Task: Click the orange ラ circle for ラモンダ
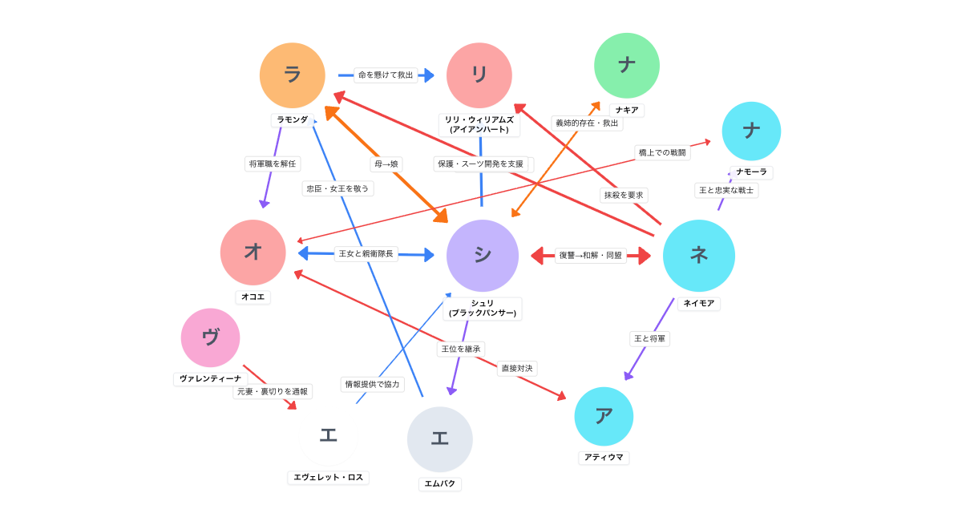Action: pos(293,75)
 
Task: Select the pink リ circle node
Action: pos(479,75)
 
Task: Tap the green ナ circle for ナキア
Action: pos(627,66)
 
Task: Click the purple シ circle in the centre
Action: pos(483,256)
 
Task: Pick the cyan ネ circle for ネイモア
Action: pos(699,256)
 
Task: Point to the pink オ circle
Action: pos(253,252)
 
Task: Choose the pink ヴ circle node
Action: pos(211,337)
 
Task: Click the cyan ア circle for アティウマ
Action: pos(604,417)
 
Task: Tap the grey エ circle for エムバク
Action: pos(440,439)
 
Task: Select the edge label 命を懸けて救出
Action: pos(386,75)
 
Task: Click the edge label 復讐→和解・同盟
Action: pos(591,256)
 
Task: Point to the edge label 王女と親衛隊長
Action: pos(366,254)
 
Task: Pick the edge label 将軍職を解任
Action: pos(273,164)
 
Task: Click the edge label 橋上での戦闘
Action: pos(662,153)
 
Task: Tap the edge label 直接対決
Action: pos(517,369)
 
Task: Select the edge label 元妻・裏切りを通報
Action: pos(273,392)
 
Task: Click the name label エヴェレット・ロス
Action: pos(329,478)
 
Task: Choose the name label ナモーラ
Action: pos(752,172)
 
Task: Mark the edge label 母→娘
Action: pos(386,164)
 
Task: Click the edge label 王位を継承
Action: pos(461,349)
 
